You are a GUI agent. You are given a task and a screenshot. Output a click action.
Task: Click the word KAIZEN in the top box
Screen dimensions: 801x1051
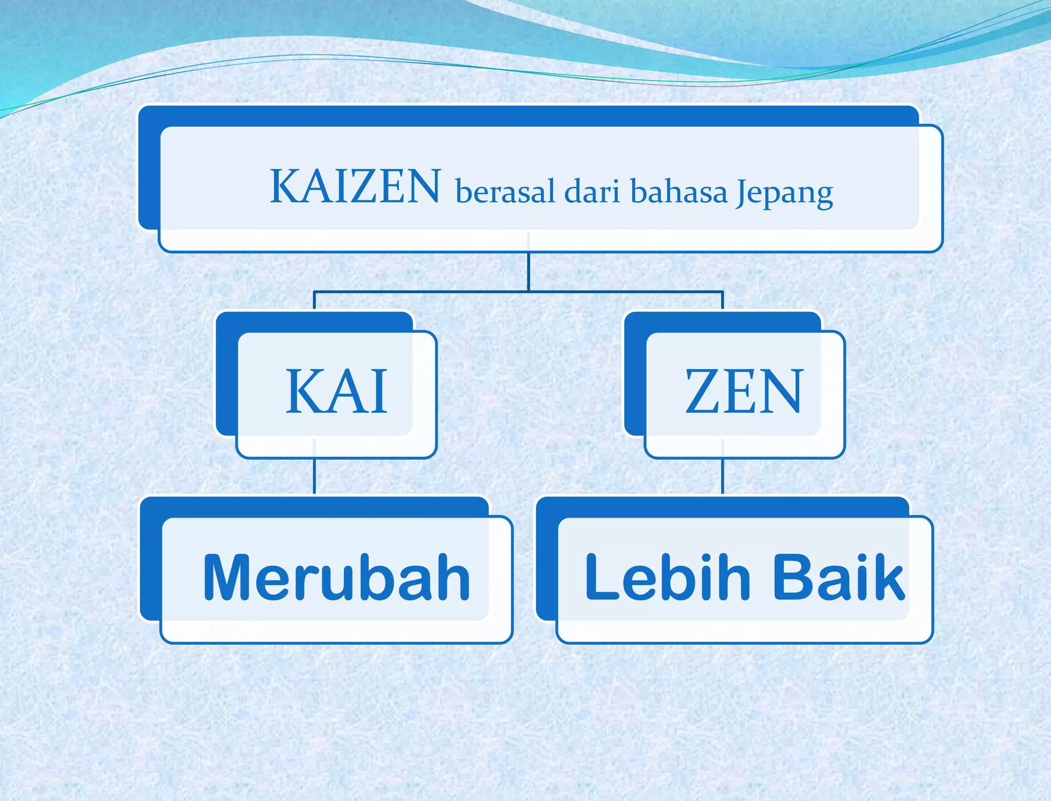(355, 186)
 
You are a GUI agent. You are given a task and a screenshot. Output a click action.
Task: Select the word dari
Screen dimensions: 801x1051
(592, 192)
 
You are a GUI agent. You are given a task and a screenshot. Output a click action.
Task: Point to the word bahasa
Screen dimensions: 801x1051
(678, 192)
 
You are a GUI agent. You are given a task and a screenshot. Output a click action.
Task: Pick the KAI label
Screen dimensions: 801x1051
(336, 391)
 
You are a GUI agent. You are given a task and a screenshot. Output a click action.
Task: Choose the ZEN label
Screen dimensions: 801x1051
(744, 391)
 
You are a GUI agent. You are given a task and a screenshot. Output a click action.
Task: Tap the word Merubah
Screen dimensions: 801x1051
(337, 577)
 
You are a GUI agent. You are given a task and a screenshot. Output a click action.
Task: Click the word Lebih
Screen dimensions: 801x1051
(668, 577)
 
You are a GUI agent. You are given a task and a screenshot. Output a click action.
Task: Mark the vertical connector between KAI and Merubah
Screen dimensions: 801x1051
(314, 476)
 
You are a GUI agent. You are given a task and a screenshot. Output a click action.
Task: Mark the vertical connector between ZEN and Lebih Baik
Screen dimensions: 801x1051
(723, 476)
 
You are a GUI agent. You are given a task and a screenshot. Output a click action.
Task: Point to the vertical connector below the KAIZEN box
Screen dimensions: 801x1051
(529, 272)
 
